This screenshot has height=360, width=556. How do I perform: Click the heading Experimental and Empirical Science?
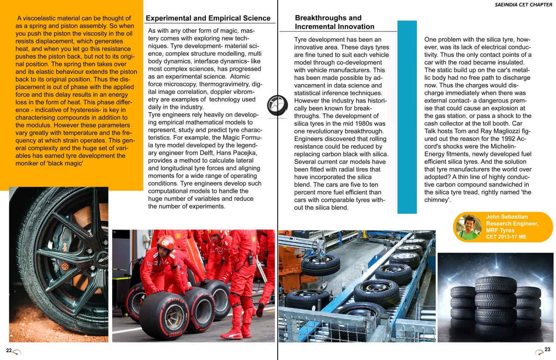pyautogui.click(x=208, y=18)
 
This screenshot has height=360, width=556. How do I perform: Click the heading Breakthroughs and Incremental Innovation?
pyautogui.click(x=334, y=22)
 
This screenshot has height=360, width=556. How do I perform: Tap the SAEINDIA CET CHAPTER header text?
pyautogui.click(x=523, y=5)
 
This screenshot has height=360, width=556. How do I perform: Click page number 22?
pyautogui.click(x=9, y=350)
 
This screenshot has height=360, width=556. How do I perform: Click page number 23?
pyautogui.click(x=547, y=350)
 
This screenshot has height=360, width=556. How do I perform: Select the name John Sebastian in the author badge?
pyautogui.click(x=507, y=217)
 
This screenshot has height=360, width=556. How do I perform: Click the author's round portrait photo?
pyautogui.click(x=468, y=227)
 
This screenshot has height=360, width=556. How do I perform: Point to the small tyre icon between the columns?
pyautogui.click(x=277, y=106)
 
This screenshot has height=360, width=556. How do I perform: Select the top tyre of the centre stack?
pyautogui.click(x=495, y=284)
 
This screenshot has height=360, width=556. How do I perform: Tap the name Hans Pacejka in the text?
pyautogui.click(x=239, y=153)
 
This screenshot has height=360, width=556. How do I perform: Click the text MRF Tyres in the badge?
pyautogui.click(x=500, y=230)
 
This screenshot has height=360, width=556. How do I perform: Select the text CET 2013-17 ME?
pyautogui.click(x=506, y=237)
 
